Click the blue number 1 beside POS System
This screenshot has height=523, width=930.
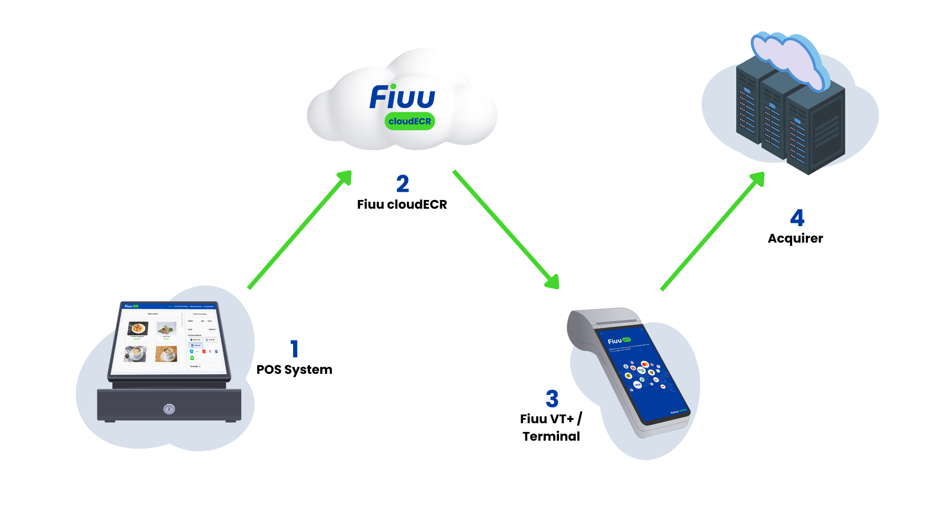pos(294,349)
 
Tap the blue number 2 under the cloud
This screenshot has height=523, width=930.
pos(403,184)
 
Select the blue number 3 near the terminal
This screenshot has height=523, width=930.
pos(552,399)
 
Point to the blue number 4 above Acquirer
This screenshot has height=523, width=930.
pos(797,217)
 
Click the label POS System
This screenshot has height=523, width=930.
pos(294,369)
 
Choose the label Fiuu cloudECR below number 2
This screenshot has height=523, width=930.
pos(402,204)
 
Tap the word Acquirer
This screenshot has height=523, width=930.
pos(795,238)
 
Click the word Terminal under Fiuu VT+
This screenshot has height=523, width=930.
pos(551,436)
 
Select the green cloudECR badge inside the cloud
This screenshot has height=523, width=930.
pos(409,121)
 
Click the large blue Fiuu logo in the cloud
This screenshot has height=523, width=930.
pos(402,97)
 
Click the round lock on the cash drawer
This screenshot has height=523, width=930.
pos(169,409)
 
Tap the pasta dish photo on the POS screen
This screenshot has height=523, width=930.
pos(138,328)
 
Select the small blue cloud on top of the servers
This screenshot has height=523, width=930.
pos(787,58)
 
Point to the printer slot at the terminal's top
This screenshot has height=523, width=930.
pos(615,322)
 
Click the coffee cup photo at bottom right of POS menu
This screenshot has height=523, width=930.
pos(166,354)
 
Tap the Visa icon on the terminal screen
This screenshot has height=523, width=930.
pos(637,385)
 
